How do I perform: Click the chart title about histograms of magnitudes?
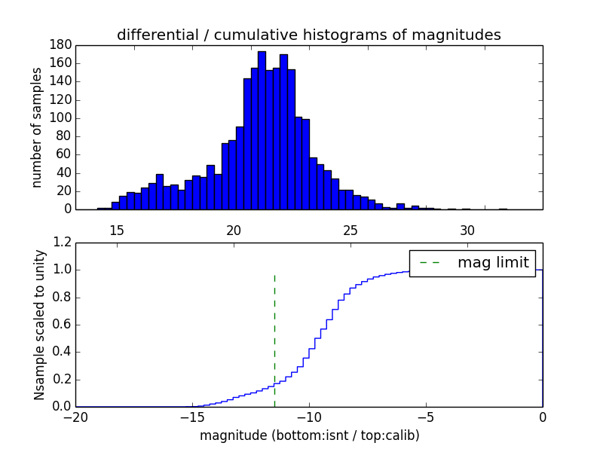[308, 35]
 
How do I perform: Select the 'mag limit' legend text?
[493, 263]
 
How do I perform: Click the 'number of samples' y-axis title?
[37, 127]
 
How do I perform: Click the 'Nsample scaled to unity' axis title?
[39, 325]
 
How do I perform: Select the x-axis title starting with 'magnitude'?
[309, 435]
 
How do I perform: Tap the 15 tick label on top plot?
[117, 230]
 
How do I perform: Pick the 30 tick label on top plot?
[467, 230]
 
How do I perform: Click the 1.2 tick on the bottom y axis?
[61, 243]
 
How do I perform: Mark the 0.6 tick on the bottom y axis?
[61, 325]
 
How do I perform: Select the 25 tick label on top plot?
[350, 230]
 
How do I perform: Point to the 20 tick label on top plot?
[234, 230]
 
